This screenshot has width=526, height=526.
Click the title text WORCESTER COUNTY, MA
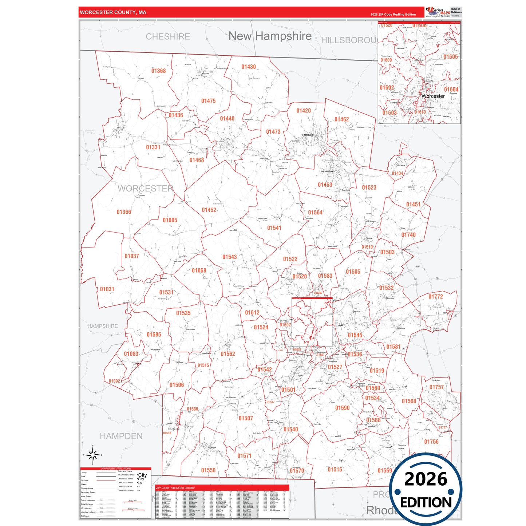tap(113, 12)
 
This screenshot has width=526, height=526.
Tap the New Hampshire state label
tap(270, 36)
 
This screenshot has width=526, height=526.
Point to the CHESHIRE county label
tap(168, 36)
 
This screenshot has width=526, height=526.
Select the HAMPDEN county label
tap(121, 436)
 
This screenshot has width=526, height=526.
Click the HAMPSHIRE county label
tap(103, 326)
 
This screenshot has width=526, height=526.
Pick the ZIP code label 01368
tap(158, 71)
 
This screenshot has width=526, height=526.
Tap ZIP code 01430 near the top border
tap(249, 67)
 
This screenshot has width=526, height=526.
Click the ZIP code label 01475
tap(208, 101)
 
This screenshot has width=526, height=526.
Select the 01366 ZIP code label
tap(124, 212)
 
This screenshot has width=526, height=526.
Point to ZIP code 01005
tap(170, 220)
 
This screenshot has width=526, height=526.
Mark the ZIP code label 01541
tap(274, 228)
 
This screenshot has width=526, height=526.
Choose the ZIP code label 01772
tap(436, 297)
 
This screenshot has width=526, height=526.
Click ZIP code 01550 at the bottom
tap(208, 470)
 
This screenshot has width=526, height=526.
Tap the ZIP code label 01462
tap(341, 119)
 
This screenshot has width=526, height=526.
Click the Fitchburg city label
tap(307, 135)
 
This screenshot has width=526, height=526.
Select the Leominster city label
tap(326, 171)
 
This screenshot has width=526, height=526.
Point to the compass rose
tap(93, 455)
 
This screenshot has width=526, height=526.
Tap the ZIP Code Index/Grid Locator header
tap(175, 488)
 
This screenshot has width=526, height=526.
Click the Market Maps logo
tap(438, 12)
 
